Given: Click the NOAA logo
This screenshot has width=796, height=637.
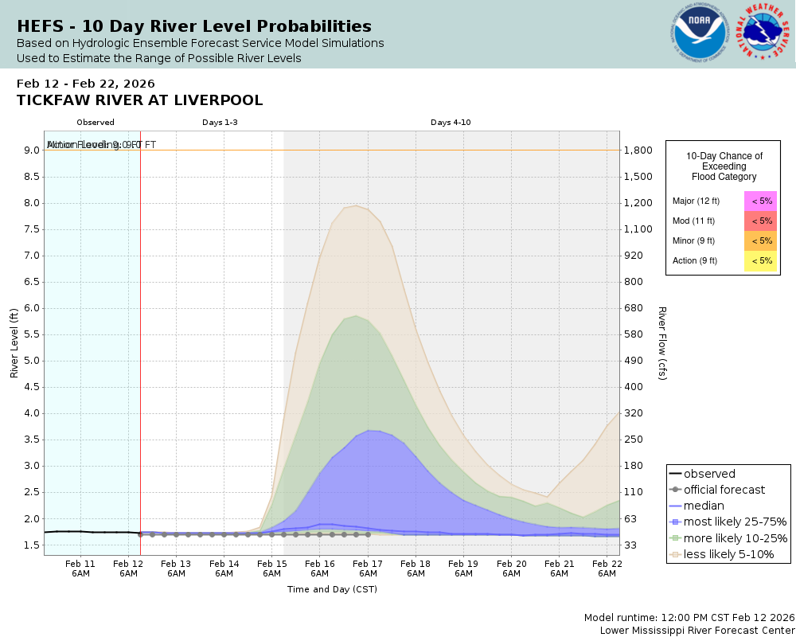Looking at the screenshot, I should coord(700,33).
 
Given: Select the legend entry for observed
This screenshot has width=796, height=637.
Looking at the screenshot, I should coord(709,474).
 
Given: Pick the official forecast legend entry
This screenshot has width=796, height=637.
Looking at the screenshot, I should coord(724,490).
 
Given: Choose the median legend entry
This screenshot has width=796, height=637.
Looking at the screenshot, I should coord(704,506).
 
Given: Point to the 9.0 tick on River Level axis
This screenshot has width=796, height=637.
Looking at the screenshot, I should coord(32,150).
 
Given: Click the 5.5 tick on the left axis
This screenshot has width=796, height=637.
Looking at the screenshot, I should coord(32,334).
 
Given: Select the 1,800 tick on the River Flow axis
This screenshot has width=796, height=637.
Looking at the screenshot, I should coord(638,150).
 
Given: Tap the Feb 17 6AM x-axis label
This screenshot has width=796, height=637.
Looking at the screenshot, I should coord(368,568).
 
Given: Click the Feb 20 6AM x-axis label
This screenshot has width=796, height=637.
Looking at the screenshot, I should coord(511,568).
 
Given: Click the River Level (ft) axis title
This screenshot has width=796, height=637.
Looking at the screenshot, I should coord(14,342).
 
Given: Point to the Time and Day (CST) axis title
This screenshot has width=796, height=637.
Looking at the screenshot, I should coord(332,589).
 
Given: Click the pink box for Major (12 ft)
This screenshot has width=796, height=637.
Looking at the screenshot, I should coord(760,201).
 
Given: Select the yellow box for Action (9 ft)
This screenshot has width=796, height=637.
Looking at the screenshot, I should coord(760,260).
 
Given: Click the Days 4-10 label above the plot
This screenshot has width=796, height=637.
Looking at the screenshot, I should coord(451,122).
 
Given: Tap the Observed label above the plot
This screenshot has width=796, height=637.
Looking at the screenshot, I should coord(96,122).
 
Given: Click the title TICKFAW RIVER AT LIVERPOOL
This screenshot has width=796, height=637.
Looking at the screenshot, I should coord(139,100).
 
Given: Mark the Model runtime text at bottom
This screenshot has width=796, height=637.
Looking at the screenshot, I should coord(689,618).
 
